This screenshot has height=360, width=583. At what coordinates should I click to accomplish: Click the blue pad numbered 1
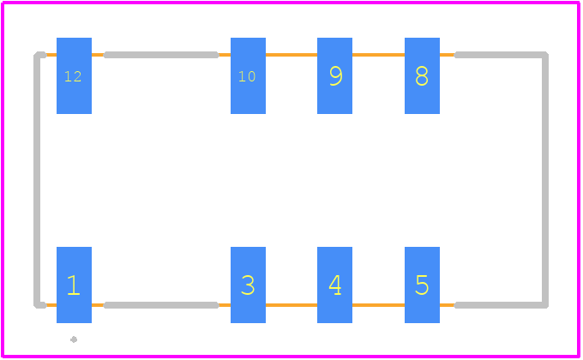pos(74,285)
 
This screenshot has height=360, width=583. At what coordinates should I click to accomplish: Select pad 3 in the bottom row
pos(248,285)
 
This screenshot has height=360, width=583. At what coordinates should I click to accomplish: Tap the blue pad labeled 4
pos(334,285)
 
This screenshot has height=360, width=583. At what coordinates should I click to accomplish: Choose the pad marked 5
pos(422,285)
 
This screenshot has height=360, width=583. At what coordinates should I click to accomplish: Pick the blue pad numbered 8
pos(422,76)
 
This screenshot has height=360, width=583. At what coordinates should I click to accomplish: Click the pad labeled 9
pos(334,76)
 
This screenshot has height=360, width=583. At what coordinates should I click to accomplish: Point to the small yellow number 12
pos(73,76)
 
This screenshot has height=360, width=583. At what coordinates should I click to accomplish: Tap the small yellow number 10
pos(247,76)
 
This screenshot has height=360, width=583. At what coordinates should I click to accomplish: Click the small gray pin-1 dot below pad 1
pos(74,339)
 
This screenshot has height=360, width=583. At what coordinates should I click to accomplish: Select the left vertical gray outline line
pos(37,180)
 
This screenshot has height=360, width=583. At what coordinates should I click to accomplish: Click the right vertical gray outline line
pos(545,180)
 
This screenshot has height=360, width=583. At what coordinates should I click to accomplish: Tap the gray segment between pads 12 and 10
pos(161,55)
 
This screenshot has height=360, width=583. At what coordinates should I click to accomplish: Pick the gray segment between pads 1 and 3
pos(161,305)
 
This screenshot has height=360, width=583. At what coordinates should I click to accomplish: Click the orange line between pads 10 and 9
pos(291,55)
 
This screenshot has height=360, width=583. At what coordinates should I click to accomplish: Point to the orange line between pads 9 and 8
pos(378,55)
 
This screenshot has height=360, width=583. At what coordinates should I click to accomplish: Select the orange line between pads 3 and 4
pos(291,305)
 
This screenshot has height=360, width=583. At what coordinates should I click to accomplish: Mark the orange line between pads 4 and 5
pos(378,305)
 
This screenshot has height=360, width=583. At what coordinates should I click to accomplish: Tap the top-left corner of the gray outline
pos(37,55)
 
